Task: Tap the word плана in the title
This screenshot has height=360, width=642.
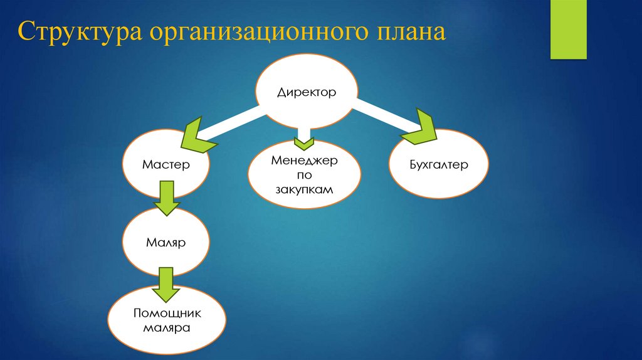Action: pos(400,33)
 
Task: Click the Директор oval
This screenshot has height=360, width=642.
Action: pos(307,92)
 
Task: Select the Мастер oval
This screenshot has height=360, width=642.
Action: pos(166,164)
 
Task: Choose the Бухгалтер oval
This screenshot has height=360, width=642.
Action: pos(438,164)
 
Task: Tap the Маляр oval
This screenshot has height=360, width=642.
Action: pos(166,241)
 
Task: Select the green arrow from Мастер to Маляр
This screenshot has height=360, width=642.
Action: pos(166,198)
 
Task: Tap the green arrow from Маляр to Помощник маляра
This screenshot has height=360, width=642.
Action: pos(166,283)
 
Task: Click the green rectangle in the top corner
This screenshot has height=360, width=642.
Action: pos(568,29)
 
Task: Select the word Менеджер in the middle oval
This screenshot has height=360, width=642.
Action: pos(304,161)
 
